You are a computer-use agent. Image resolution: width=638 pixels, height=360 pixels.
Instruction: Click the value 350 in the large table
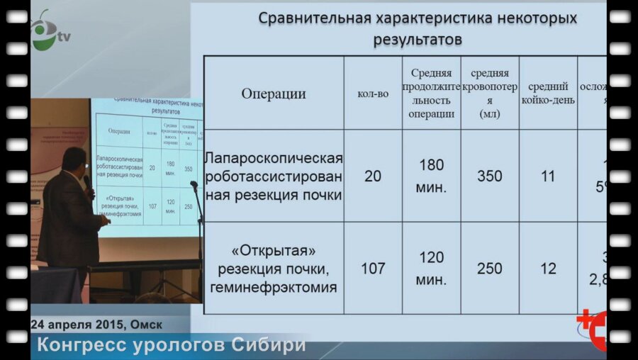489,176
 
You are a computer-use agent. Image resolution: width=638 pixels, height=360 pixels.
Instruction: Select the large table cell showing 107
373,269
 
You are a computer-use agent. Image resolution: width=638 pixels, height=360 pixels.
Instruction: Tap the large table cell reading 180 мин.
431,176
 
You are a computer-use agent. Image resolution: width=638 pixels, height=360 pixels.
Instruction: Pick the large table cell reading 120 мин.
431,269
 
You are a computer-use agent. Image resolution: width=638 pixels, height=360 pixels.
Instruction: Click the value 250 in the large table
489,269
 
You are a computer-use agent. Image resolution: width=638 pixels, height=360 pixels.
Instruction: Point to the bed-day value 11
548,176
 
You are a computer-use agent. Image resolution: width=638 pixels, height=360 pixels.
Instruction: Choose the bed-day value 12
548,269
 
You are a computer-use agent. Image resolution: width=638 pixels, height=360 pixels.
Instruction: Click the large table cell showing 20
373,176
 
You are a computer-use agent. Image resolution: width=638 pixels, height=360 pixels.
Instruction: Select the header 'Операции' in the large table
274,94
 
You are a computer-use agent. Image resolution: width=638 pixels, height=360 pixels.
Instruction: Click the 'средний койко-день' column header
548,94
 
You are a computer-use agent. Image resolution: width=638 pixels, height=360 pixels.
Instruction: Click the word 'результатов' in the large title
418,39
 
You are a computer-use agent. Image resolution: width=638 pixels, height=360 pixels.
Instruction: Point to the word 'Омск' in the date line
146,325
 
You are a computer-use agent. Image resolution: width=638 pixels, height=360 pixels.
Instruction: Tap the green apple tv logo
45,29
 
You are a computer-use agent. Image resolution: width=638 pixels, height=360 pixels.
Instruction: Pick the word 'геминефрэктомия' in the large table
274,287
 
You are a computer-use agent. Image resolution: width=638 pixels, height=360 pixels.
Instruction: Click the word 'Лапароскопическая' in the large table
274,158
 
